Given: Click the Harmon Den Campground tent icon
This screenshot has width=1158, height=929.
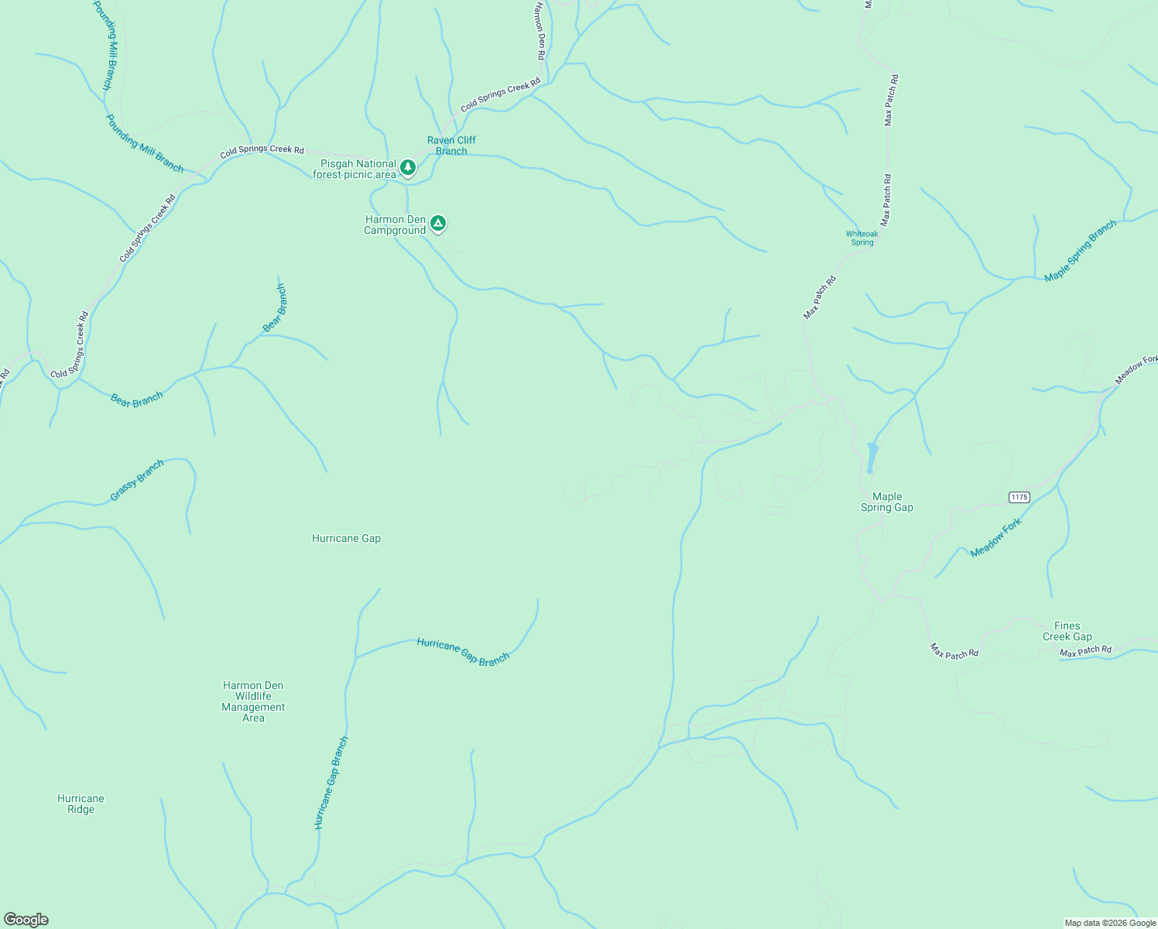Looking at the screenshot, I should point(438,224).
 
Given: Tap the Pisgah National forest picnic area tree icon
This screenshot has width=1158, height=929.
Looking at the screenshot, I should point(408,167).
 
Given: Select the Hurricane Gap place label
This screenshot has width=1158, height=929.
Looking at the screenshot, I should point(346,538).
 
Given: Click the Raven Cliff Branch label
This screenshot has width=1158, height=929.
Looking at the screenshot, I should point(451,146).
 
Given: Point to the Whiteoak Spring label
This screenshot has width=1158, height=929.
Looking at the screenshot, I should point(862,238).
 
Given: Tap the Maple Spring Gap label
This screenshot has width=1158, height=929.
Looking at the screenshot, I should point(887,502).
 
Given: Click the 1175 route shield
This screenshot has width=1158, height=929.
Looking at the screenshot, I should point(1019,497).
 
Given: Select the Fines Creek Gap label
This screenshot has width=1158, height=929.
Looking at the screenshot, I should point(1067,631).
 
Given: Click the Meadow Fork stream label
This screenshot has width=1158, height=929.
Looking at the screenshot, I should point(996,537).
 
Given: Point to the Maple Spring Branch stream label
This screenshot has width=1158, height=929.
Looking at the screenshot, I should point(1081,251).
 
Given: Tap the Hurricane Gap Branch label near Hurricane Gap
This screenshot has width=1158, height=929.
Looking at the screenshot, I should point(463,651).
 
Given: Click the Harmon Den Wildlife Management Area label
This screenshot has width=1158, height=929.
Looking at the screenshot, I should point(253,701).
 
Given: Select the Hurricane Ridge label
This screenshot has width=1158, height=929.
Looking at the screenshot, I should point(81,804).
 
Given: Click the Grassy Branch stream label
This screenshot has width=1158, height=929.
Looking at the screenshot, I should point(137,480).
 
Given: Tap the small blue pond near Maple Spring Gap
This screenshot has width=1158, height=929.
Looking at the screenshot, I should point(872,457).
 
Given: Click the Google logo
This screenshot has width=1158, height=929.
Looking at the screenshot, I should point(26,920).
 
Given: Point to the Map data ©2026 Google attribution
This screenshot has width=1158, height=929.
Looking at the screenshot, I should point(1110,923).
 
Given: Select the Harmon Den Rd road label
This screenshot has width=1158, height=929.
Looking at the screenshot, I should point(540,31).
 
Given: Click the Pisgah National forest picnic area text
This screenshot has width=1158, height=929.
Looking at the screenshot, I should point(355,169).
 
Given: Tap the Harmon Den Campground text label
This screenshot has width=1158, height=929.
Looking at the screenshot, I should point(395,225).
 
